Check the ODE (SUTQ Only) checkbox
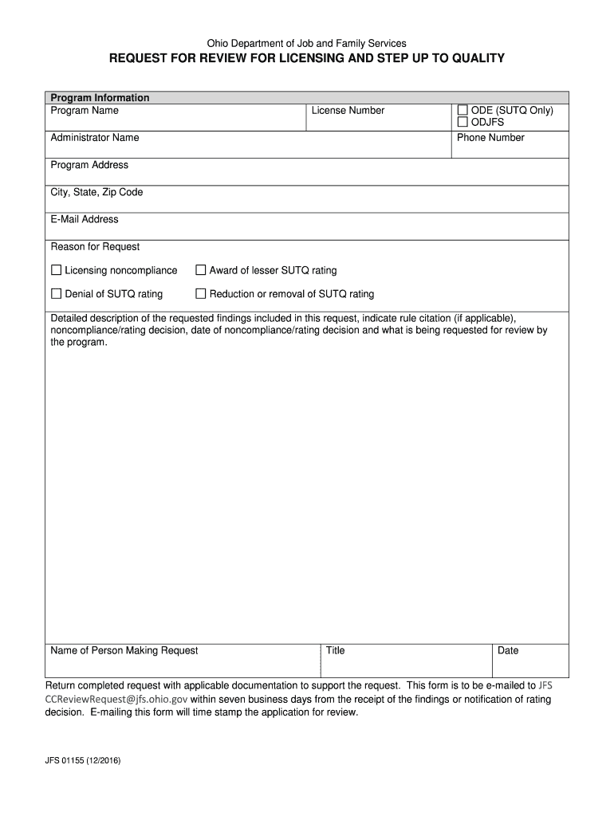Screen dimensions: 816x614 pyautogui.click(x=462, y=111)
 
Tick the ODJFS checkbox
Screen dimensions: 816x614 pyautogui.click(x=462, y=123)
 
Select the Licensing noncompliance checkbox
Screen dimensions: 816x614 pyautogui.click(x=57, y=270)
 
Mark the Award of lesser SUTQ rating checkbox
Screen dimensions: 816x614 pyautogui.click(x=201, y=270)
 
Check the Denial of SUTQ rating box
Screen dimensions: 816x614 pyautogui.click(x=57, y=294)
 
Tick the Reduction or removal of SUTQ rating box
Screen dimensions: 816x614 pyautogui.click(x=201, y=294)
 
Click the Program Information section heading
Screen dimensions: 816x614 pyautogui.click(x=100, y=98)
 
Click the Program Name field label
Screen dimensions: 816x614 pyautogui.click(x=85, y=111)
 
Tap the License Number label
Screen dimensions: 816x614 pyautogui.click(x=348, y=111)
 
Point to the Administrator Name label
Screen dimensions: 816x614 pyautogui.click(x=95, y=138)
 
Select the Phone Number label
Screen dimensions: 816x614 pyautogui.click(x=490, y=138)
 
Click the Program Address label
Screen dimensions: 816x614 pyautogui.click(x=89, y=165)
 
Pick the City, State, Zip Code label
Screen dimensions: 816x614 pyautogui.click(x=96, y=192)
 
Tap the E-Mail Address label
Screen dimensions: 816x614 pyautogui.click(x=85, y=219)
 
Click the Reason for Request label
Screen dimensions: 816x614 pyautogui.click(x=95, y=246)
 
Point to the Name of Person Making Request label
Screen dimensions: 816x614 pyautogui.click(x=124, y=650)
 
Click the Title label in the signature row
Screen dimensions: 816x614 pyautogui.click(x=335, y=650)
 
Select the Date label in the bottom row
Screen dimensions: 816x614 pyautogui.click(x=508, y=650)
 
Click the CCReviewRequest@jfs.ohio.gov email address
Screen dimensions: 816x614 pyautogui.click(x=116, y=699)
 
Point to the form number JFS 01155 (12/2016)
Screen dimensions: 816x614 pyautogui.click(x=83, y=760)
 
